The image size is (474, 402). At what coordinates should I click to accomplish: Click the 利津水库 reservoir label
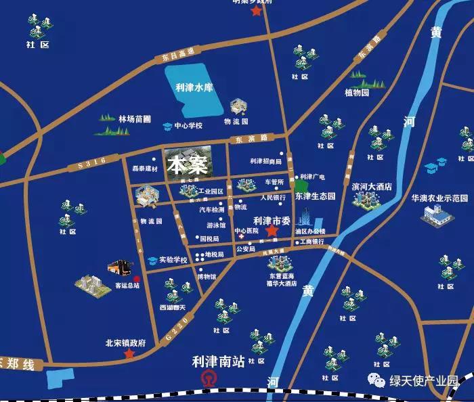tap(194, 87)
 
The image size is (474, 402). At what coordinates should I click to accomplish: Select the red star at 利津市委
tap(272, 231)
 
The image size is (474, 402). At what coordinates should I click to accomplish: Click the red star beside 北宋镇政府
tap(129, 353)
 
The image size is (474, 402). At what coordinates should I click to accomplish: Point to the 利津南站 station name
tap(218, 363)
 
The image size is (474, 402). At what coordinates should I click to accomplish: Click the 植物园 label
tap(357, 93)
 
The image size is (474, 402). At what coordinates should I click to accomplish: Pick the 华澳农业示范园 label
tap(440, 198)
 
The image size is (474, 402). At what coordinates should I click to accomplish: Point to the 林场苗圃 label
tap(134, 118)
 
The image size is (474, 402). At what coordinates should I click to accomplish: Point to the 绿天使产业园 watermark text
tap(425, 381)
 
